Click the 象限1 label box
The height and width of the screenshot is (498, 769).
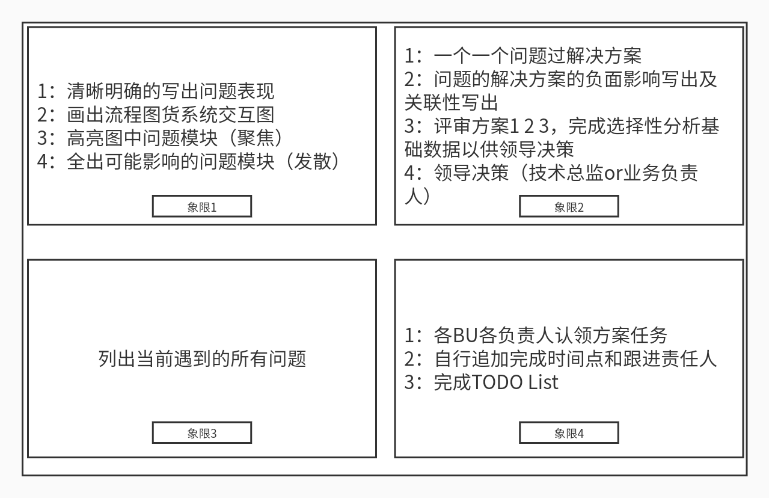pos(201,207)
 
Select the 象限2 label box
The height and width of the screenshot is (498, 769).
pos(569,207)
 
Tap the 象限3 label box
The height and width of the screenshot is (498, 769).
pos(201,433)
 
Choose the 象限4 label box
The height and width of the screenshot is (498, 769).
pos(569,433)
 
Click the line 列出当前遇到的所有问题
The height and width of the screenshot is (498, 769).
pos(202,358)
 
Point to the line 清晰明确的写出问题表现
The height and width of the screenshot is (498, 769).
pos(170,91)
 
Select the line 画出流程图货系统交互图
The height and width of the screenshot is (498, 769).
pos(170,114)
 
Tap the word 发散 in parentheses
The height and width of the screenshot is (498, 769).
pos(313,161)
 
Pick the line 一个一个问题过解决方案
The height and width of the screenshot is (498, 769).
pos(537,55)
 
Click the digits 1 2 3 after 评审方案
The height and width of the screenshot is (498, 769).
pos(530,126)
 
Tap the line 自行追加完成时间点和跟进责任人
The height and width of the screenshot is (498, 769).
pos(575,358)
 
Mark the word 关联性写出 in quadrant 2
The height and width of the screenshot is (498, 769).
pos(452,102)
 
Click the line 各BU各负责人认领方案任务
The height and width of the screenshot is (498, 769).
pos(550,335)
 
